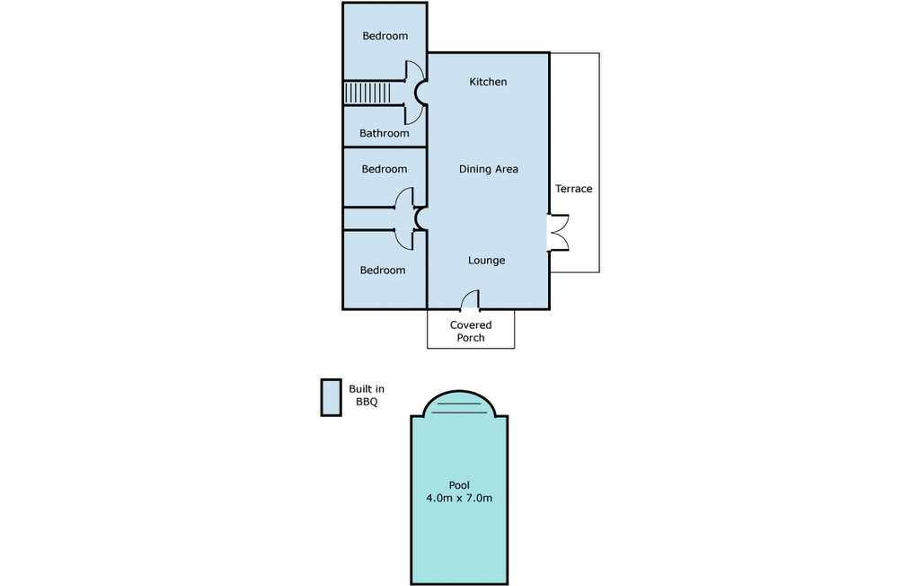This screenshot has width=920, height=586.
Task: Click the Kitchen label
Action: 488,82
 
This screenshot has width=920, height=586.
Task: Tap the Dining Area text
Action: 488,169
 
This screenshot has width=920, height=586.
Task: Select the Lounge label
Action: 486,260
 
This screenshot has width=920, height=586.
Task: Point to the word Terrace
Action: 574,189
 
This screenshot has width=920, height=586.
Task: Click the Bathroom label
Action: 385,133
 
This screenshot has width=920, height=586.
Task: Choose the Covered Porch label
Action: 471,331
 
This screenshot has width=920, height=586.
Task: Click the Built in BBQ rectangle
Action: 331,397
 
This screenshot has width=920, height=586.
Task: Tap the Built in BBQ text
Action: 367,395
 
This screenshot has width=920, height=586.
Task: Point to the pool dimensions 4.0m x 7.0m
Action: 459,498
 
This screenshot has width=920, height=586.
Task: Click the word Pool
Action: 459,485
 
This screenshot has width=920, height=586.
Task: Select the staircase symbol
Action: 367,93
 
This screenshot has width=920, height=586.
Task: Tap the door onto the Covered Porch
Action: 469,299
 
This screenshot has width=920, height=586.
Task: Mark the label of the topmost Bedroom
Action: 385,36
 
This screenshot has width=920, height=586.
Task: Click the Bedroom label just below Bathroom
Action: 385,169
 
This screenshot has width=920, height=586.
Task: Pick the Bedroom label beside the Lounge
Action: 383,271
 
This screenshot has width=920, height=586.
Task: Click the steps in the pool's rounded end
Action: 459,407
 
